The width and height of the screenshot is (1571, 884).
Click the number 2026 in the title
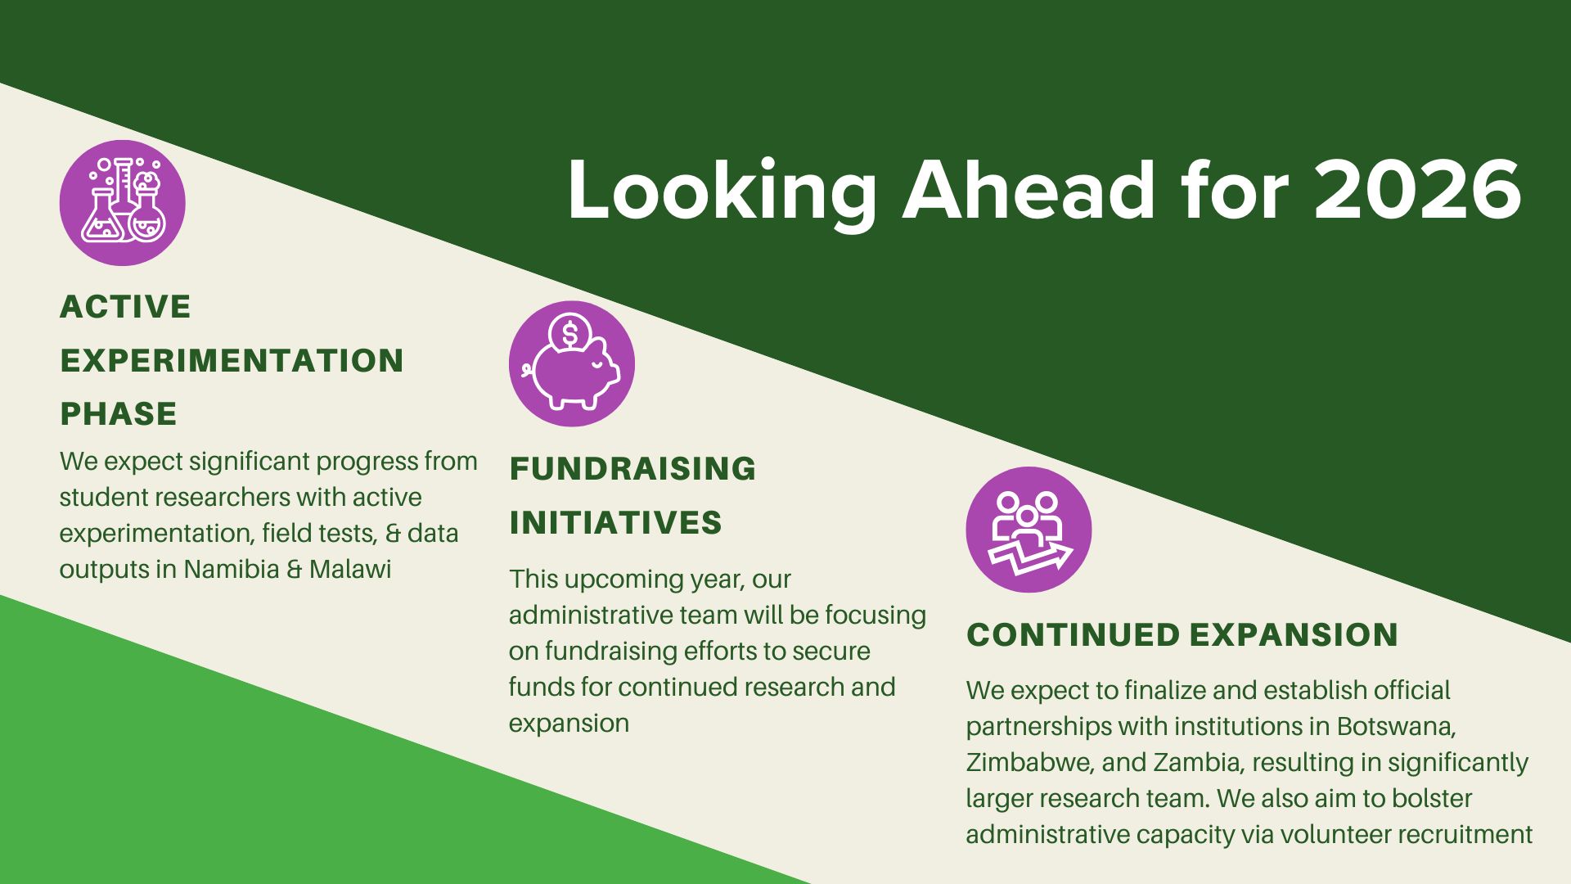point(1417,190)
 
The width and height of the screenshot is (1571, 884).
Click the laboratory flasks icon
point(123,202)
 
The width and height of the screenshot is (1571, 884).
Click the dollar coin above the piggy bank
point(570,334)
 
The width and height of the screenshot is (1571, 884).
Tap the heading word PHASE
point(119,414)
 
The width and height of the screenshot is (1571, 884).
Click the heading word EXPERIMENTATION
point(232,361)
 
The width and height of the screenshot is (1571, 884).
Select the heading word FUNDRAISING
point(632,469)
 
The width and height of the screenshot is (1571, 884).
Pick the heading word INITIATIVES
point(615,523)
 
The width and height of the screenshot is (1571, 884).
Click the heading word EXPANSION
point(1294,635)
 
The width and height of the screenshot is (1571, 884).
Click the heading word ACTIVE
point(125,307)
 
